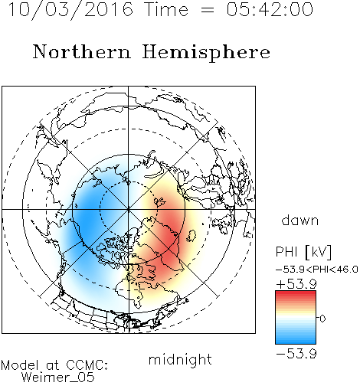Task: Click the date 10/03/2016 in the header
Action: [x=70, y=9]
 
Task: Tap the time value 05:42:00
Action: [x=270, y=9]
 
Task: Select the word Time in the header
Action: [x=166, y=9]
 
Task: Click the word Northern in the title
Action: [x=82, y=51]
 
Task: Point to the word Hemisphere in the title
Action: [x=206, y=53]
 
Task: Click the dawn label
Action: [x=300, y=220]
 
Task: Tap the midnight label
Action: [x=180, y=359]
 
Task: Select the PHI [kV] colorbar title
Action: [x=303, y=252]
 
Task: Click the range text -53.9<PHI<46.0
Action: [x=317, y=270]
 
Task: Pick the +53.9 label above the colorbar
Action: [x=296, y=284]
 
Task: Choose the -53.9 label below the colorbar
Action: [x=296, y=354]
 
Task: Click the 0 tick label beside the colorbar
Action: [x=322, y=319]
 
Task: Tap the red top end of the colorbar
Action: [x=296, y=293]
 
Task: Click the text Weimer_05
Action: [x=58, y=378]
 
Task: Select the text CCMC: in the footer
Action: [x=87, y=365]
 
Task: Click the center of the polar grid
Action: [x=129, y=209]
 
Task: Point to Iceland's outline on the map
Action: [x=191, y=236]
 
